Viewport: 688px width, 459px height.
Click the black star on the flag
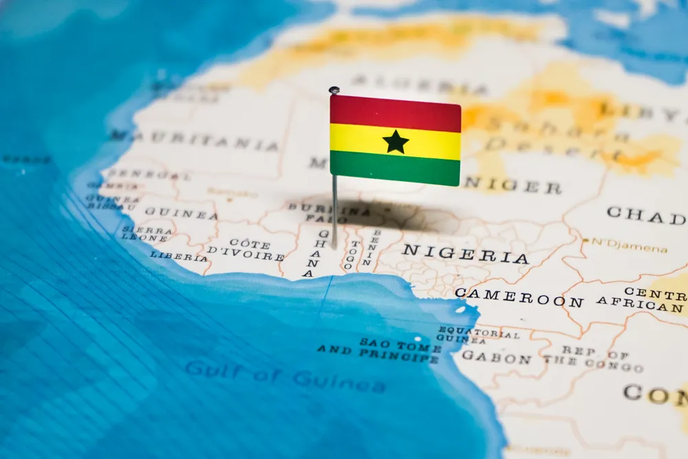click(396, 142)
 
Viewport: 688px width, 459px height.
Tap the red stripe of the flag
click(395, 113)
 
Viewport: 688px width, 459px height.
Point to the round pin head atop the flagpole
click(334, 90)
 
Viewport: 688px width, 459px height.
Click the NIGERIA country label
click(465, 253)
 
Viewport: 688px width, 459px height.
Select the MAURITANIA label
click(194, 141)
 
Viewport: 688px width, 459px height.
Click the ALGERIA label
click(420, 85)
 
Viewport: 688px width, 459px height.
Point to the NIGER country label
click(513, 184)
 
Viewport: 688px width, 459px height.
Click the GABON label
click(496, 357)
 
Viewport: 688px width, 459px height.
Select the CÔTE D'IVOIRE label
click(247, 250)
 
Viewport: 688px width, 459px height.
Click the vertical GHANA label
click(320, 253)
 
